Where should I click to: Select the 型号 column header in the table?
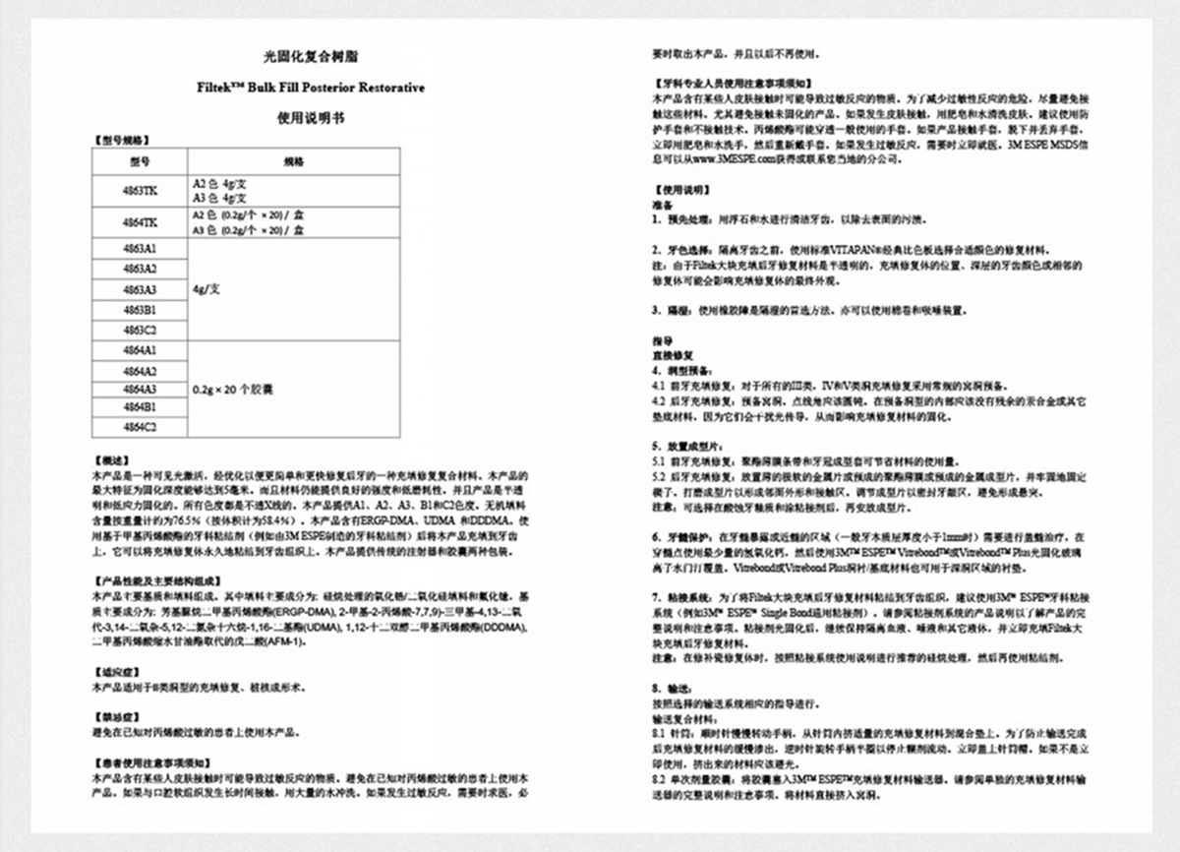pos(139,161)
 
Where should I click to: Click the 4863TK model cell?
pos(139,190)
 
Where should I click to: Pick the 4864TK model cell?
pos(139,222)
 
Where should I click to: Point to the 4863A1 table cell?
pos(139,249)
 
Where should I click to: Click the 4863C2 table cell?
pos(139,330)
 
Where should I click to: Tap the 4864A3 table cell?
pos(139,389)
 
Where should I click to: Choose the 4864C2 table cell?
pos(139,427)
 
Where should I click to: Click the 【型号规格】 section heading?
pos(121,141)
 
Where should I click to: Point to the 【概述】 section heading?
pos(109,459)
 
